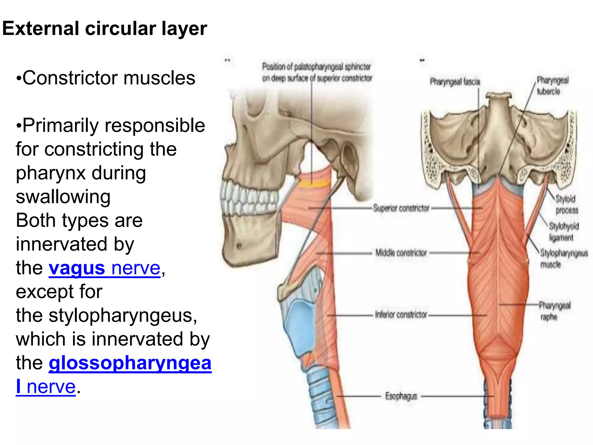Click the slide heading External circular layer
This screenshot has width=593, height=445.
[105, 28]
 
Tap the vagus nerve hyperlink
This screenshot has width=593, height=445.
[104, 268]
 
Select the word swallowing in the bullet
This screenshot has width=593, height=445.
[63, 197]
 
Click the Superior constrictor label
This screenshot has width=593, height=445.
[401, 208]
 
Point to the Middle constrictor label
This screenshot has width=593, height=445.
[401, 253]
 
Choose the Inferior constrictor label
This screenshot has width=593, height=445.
[401, 315]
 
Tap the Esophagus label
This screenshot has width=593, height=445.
[401, 396]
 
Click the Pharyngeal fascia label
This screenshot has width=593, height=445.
[455, 82]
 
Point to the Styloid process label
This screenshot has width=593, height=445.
[566, 205]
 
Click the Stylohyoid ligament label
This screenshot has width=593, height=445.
[563, 232]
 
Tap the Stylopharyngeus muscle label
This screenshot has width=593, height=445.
[563, 258]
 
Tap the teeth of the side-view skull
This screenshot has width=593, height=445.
[249, 197]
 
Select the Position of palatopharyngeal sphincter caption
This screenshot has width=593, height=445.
[317, 72]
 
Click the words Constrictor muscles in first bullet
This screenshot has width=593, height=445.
[109, 78]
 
